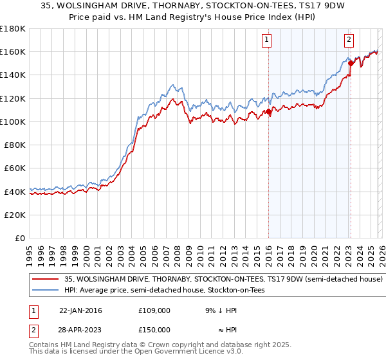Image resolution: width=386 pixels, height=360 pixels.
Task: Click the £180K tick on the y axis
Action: point(13,28)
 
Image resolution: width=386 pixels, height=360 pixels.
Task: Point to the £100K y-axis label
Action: point(13,122)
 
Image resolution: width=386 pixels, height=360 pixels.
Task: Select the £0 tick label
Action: point(19,238)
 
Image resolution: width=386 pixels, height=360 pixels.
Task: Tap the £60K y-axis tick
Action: point(14,168)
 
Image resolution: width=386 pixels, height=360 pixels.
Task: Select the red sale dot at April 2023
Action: point(351,63)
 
